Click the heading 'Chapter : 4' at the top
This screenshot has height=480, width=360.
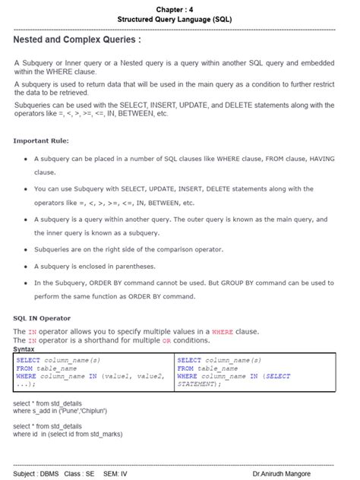(x=180, y=7)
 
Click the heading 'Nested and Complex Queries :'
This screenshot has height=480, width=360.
(x=77, y=38)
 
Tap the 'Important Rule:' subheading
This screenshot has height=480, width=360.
(x=41, y=141)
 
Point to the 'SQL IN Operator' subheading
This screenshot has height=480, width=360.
(x=43, y=318)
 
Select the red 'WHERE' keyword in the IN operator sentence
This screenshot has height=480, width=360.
(x=223, y=332)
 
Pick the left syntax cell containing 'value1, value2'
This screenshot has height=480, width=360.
(x=93, y=372)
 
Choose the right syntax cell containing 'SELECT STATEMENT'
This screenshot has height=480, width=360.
(x=254, y=372)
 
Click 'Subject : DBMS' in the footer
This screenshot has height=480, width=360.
(x=35, y=473)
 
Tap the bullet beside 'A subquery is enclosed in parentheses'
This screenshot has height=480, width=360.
(x=26, y=267)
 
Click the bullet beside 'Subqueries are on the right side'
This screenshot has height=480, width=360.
(x=26, y=249)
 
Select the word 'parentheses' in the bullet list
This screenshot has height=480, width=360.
(x=134, y=267)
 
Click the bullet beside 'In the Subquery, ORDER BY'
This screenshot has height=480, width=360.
(x=26, y=283)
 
